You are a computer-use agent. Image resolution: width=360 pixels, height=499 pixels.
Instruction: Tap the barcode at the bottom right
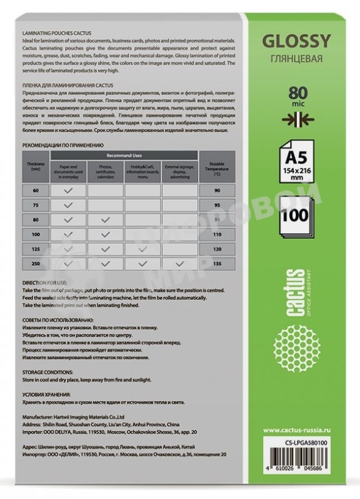tap(302, 465)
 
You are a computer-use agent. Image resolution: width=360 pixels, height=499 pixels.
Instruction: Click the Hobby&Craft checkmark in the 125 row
tap(143, 249)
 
